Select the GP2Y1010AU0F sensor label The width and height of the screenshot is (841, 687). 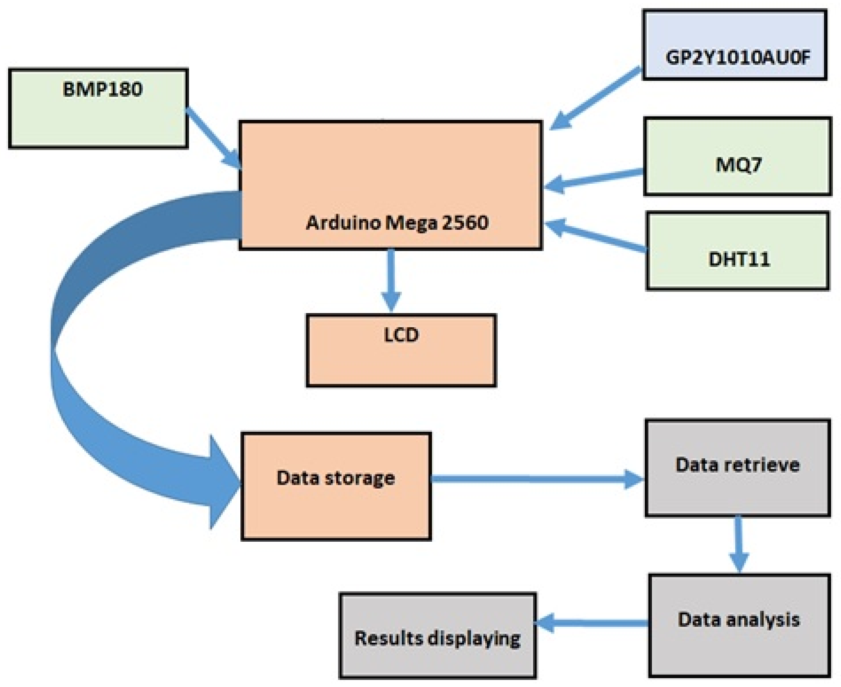click(738, 58)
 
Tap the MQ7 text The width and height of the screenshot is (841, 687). click(738, 165)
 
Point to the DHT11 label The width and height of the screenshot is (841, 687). click(739, 260)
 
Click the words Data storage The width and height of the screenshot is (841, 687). click(335, 478)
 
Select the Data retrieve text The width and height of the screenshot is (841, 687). click(737, 465)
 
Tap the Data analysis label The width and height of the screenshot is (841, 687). click(738, 619)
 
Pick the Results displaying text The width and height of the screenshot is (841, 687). click(437, 638)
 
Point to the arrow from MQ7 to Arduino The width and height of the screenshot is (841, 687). click(594, 179)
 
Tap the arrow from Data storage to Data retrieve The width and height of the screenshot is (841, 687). click(534, 479)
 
